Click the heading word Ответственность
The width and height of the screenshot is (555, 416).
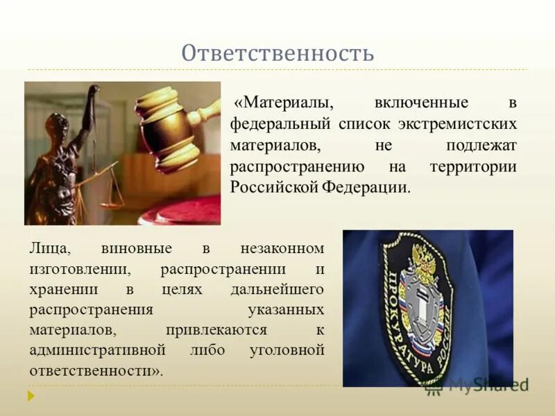coord(277,53)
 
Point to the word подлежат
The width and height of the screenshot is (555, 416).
coord(482,146)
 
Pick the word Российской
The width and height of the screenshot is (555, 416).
coord(273,188)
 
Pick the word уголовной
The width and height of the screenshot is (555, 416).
coord(286,350)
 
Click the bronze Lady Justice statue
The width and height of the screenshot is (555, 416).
coord(66,159)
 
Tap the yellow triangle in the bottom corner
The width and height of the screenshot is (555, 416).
coord(31,396)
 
